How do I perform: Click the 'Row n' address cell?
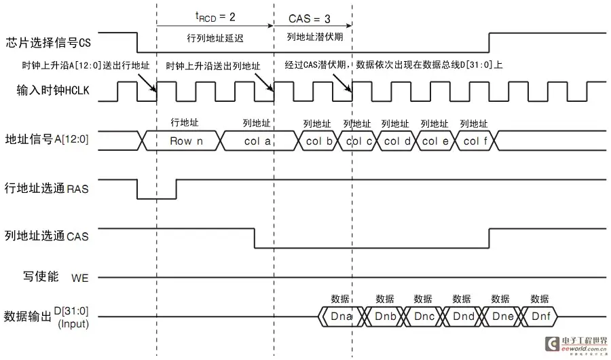click(182, 141)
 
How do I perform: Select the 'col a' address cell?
click(257, 141)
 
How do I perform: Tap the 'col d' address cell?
click(397, 141)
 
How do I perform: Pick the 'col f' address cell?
click(475, 141)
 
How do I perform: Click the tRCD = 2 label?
click(215, 17)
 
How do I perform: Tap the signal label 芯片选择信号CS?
click(48, 43)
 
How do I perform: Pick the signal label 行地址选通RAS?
click(47, 188)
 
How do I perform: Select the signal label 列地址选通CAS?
click(47, 236)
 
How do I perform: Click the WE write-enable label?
click(80, 278)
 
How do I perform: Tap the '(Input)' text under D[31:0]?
click(73, 324)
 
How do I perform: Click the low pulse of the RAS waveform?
click(157, 196)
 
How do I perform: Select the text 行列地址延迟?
click(215, 37)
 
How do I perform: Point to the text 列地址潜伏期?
click(312, 37)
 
